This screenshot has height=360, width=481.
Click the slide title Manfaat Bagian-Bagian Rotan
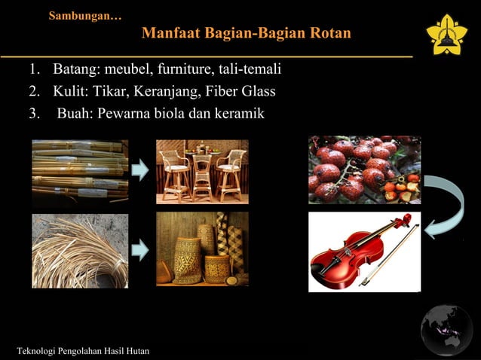pos(246,35)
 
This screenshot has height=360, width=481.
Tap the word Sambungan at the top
pos(83,15)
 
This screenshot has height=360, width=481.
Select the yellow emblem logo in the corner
pos(446,34)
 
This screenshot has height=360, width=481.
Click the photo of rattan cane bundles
pos(80,172)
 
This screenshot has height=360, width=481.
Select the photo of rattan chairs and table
pos(202,171)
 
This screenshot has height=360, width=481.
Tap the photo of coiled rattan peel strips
pos(80,250)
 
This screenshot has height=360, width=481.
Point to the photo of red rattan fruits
pos(364,169)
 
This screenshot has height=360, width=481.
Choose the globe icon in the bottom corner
pos(446,330)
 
